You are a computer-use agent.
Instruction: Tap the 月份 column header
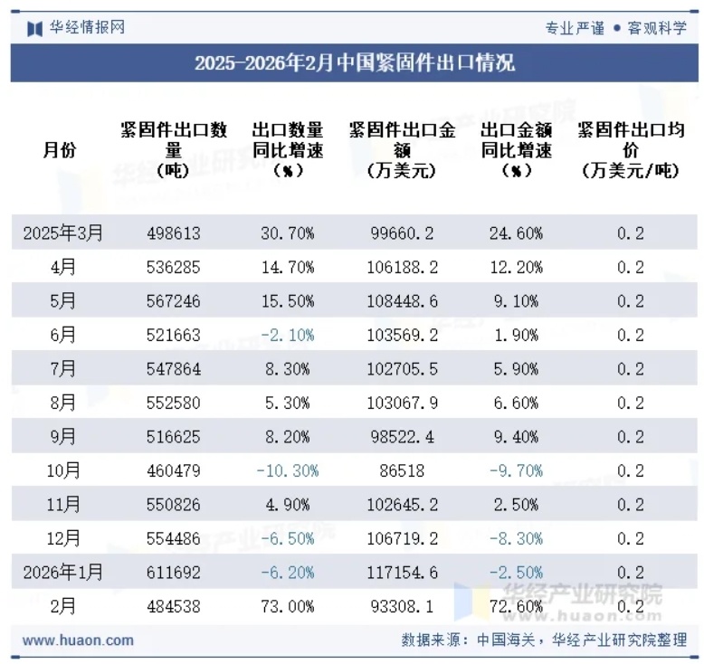click(60, 150)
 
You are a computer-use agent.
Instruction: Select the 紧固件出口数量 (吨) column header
click(174, 150)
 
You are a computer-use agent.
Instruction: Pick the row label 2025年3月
click(63, 233)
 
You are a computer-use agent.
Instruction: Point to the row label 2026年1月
click(63, 573)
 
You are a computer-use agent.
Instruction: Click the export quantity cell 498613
click(174, 233)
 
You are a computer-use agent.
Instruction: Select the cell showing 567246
click(174, 301)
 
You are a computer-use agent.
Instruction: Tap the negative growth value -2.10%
click(288, 336)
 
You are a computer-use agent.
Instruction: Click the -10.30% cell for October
click(288, 471)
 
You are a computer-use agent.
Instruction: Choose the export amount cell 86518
click(403, 471)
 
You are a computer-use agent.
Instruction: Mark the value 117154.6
click(403, 573)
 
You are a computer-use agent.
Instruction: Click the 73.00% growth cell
click(288, 606)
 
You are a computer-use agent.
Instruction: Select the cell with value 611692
click(174, 573)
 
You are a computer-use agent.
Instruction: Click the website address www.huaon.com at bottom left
click(78, 640)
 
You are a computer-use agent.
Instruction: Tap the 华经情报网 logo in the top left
click(76, 28)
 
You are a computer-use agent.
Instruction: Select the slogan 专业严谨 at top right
click(575, 28)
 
